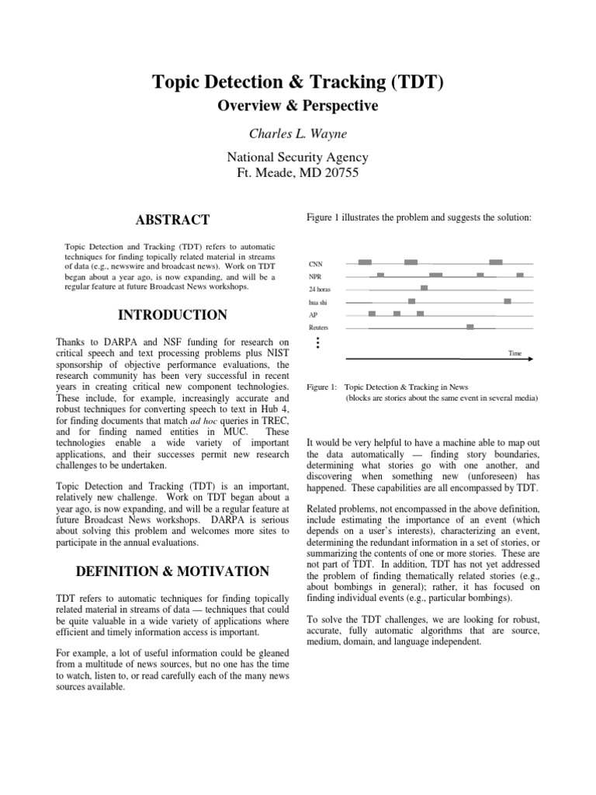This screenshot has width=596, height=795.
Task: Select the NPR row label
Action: coord(314,276)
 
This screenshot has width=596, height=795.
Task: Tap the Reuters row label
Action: coord(319,328)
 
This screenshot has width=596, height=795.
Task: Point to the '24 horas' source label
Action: coord(319,289)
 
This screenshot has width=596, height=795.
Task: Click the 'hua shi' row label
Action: coord(318,302)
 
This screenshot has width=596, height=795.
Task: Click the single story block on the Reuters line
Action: coord(470,327)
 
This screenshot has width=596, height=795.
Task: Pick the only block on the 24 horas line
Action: coord(424,288)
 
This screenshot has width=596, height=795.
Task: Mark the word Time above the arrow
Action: coord(515,353)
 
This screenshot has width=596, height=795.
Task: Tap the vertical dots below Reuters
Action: coord(317,342)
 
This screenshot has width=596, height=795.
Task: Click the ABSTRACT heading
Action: coord(172,220)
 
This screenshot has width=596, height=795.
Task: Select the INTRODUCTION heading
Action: coord(172,314)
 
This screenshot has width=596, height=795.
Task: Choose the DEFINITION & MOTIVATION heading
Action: coord(172,571)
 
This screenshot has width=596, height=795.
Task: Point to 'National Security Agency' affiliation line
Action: coord(297,158)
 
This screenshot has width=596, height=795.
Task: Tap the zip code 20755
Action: coord(338,173)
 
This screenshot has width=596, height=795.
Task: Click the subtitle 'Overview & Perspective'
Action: coord(297,106)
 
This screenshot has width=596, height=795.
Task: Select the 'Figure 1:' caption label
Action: coord(322,387)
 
